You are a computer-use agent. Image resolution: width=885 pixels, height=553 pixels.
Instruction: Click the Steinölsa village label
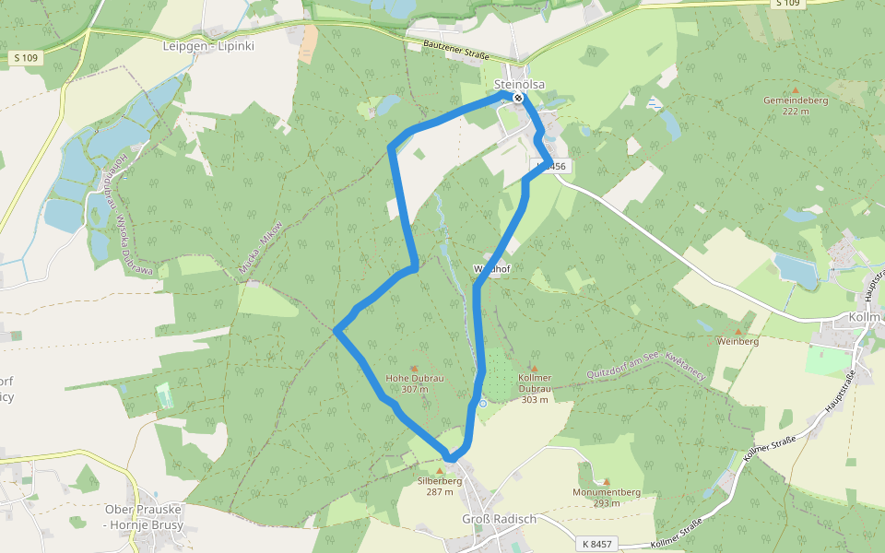pyautogui.click(x=519, y=85)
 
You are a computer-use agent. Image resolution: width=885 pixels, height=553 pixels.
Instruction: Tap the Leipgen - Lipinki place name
pyautogui.click(x=207, y=44)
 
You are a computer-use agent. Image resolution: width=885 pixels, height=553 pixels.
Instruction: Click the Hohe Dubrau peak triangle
pyautogui.click(x=414, y=369)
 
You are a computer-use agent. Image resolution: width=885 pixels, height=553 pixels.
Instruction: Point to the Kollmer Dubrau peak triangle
pyautogui.click(x=534, y=368)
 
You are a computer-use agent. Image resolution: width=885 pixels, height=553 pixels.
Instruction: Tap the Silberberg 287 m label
pyautogui.click(x=440, y=486)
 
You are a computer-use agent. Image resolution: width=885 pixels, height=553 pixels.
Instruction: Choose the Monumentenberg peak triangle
pyautogui.click(x=606, y=481)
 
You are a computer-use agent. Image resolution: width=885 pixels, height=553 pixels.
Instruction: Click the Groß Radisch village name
pyautogui.click(x=499, y=519)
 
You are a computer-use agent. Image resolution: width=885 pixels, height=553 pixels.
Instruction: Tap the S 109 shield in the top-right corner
pyautogui.click(x=787, y=4)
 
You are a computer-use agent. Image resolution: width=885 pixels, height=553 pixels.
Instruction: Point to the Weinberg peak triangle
pyautogui.click(x=737, y=331)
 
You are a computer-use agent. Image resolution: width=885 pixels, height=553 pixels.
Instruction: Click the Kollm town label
pyautogui.click(x=867, y=317)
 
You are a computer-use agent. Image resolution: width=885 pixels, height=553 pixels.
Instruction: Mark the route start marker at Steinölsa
pyautogui.click(x=519, y=98)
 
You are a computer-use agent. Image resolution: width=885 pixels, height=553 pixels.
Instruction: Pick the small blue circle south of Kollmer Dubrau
pyautogui.click(x=482, y=403)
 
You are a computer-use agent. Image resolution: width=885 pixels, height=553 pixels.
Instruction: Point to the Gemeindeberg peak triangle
pyautogui.click(x=795, y=91)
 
